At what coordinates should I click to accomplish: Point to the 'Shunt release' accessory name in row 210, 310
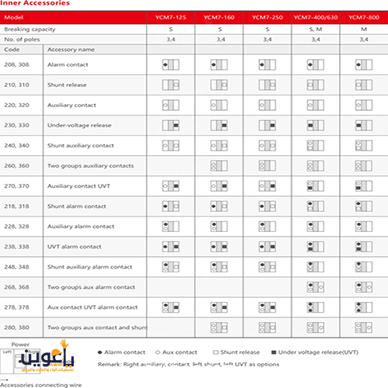(69, 85)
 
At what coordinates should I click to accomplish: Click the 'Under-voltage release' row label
(81, 125)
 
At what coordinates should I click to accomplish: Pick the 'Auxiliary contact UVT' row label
(80, 186)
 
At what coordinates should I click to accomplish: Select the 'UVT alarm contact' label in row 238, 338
(74, 247)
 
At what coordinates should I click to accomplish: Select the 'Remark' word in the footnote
(110, 363)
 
